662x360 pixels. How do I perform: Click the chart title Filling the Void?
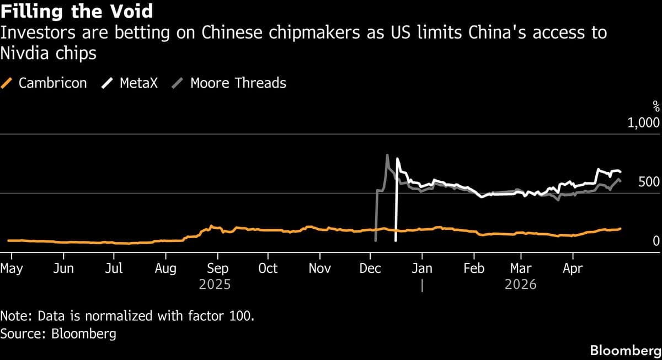77,11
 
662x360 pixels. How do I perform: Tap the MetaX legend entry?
130,83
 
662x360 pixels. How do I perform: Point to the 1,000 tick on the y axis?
643,122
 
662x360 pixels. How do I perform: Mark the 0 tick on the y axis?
655,241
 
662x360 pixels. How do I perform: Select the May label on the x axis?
11,268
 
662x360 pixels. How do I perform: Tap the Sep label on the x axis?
217,268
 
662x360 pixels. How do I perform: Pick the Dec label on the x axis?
370,268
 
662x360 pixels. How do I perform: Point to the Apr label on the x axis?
572,268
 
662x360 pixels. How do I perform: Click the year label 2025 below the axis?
215,285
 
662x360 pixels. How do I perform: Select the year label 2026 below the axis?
521,285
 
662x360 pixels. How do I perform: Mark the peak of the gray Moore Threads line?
387,155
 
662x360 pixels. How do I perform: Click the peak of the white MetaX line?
397,159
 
